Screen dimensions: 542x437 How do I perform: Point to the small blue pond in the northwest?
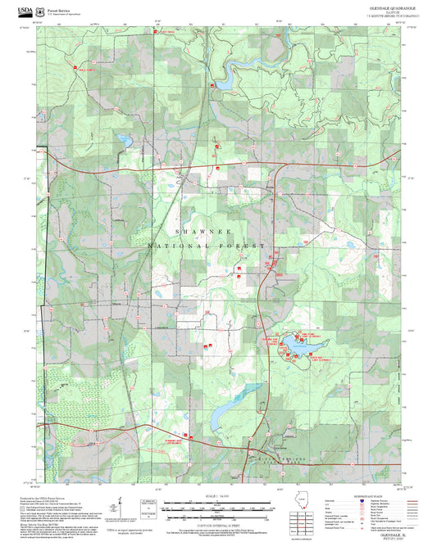coord(125,140)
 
